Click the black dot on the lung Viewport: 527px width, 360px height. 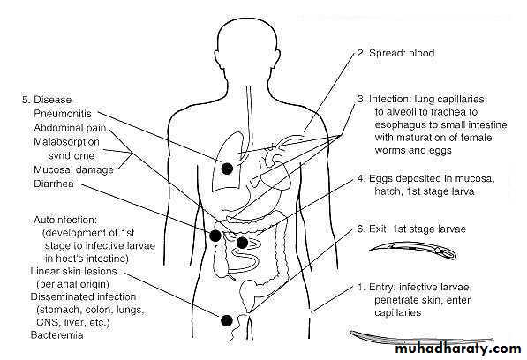pos(227,169)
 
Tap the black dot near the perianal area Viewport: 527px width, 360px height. pos(227,320)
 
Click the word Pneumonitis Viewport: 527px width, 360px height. pos(63,114)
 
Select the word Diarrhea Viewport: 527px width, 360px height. pos(54,184)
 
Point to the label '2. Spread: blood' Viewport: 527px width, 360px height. pos(395,53)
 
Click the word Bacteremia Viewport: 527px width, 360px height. pos(56,334)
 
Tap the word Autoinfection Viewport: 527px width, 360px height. pos(65,220)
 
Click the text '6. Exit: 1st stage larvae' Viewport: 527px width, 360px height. pos(411,229)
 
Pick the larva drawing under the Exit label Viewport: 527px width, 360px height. pos(413,251)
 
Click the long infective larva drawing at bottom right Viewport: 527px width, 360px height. pos(422,337)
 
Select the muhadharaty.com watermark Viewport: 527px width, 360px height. pos(458,349)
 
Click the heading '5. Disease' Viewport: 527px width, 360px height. pos(47,100)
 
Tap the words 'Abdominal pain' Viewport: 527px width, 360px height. pos(70,128)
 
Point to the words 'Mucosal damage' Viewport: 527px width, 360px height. pos(73,169)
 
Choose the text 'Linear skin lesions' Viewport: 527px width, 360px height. pos(73,271)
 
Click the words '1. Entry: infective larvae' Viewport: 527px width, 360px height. pos(413,287)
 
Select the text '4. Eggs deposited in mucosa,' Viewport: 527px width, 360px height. pos(425,178)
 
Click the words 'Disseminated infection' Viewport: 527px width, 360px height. pos(83,296)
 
